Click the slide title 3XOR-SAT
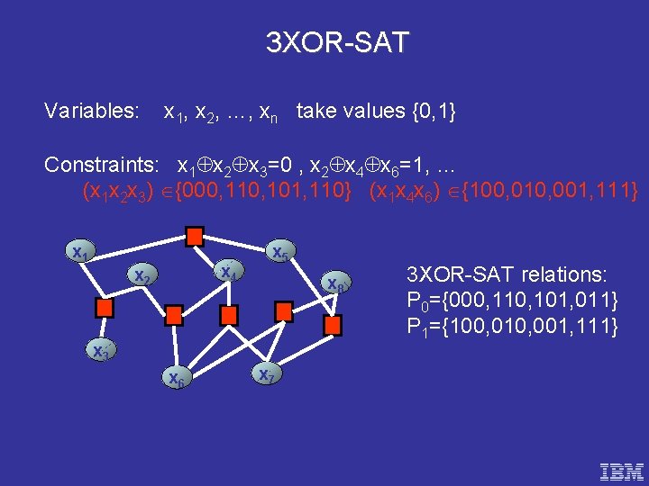337,42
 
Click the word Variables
91,112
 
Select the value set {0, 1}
433,112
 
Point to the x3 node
100,351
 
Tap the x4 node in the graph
228,271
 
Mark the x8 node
336,283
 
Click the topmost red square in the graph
194,236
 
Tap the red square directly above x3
105,307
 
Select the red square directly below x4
229,314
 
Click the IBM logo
621,470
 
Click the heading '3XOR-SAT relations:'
507,274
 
